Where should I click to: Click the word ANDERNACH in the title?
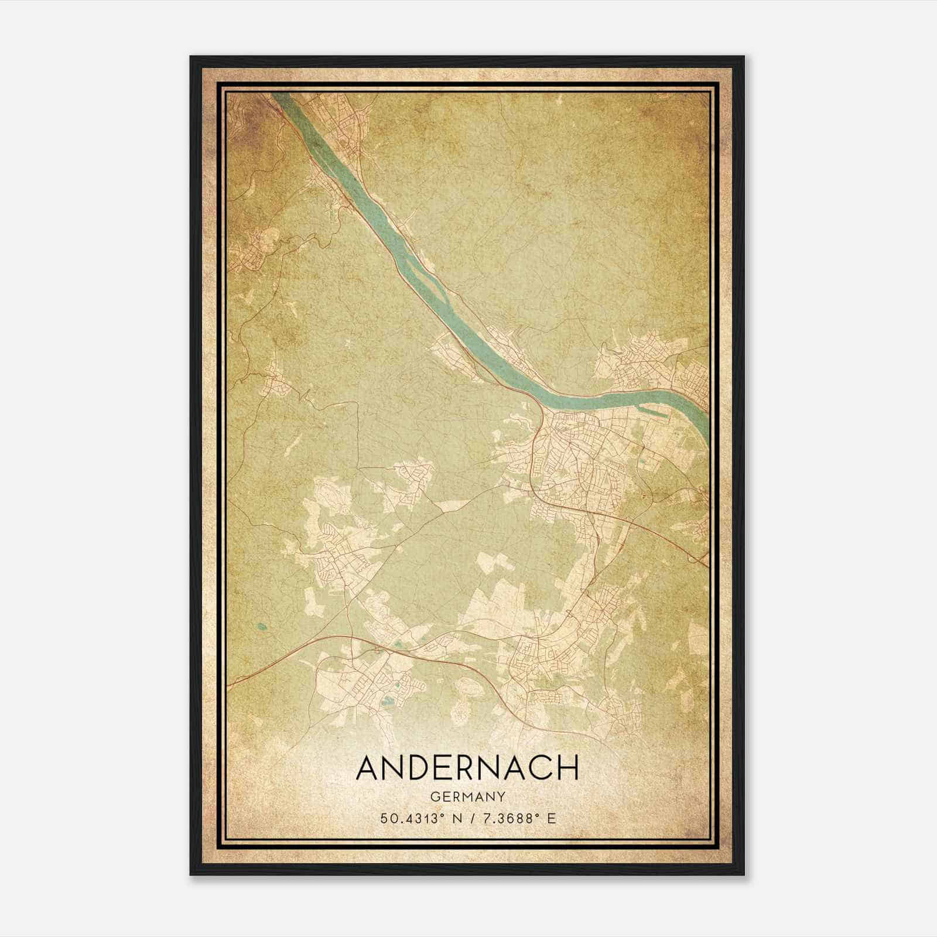[467, 768]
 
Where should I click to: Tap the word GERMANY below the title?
[467, 796]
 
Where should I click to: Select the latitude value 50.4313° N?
[417, 818]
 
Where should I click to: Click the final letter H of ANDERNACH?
[566, 768]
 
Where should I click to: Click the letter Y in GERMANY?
[501, 796]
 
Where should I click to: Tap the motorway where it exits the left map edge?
[231, 684]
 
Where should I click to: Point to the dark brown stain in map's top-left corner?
[249, 117]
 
